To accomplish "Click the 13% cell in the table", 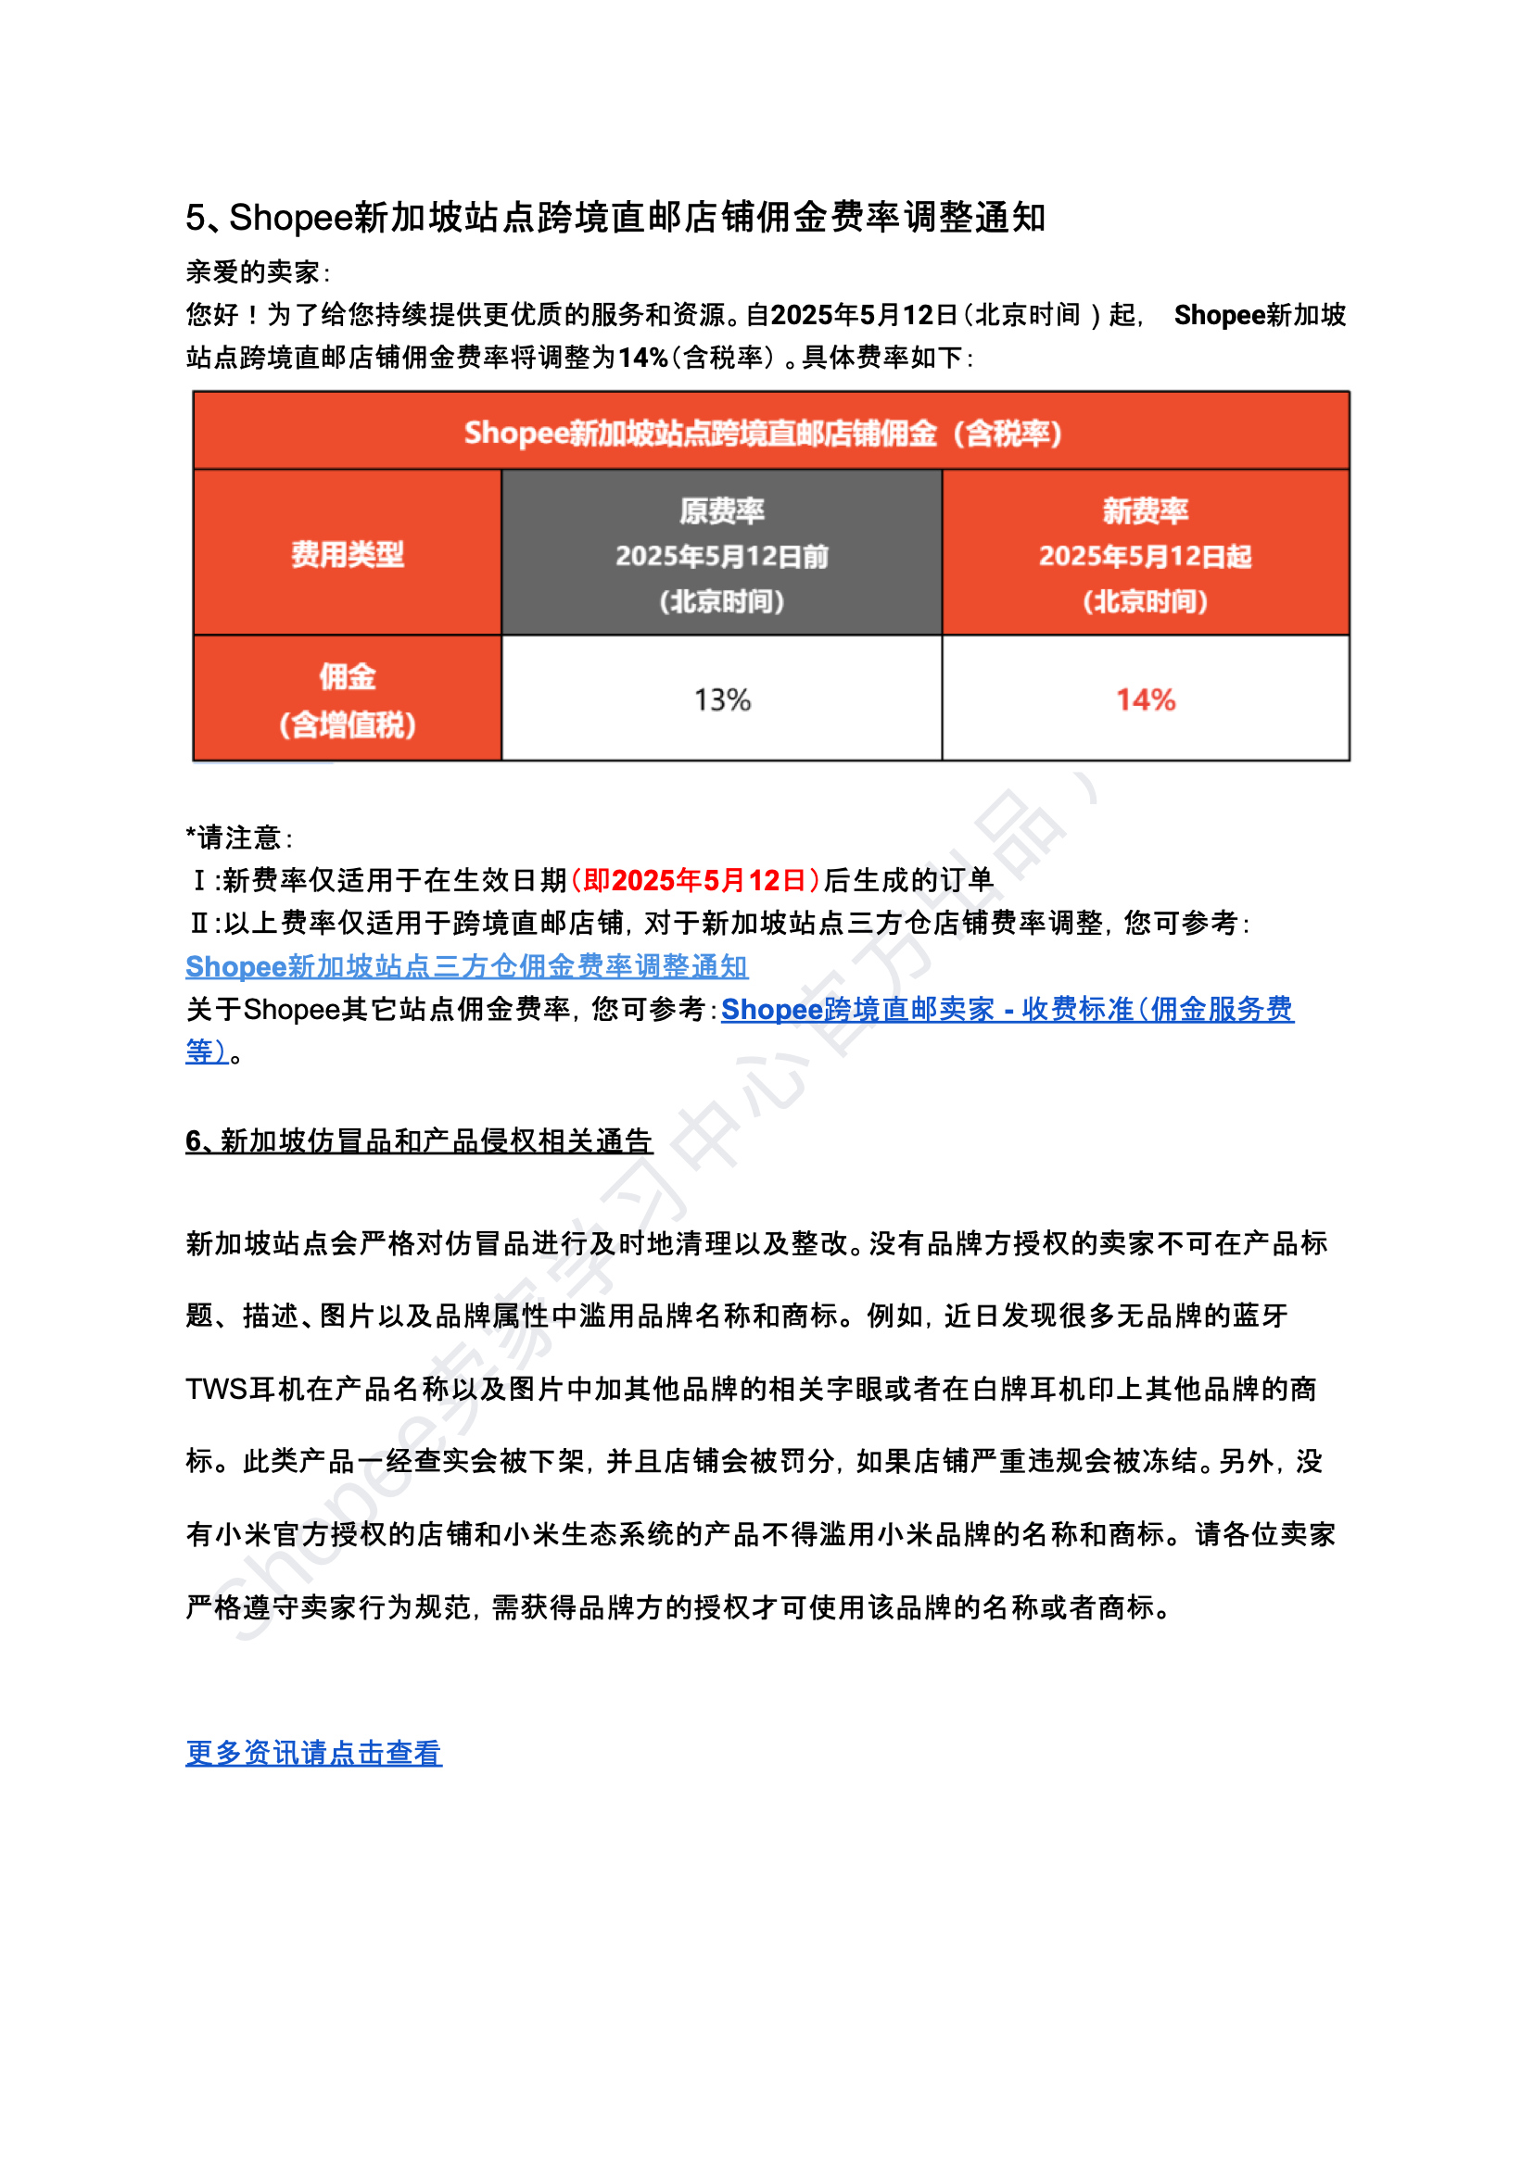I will tap(722, 699).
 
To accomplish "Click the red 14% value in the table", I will tap(1145, 699).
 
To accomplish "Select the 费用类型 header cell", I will tap(347, 553).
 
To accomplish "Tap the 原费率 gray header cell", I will tap(722, 553).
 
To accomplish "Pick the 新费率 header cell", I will tap(1145, 553).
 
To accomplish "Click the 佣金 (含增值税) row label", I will tap(347, 699).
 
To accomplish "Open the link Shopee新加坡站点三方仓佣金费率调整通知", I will tap(466, 966).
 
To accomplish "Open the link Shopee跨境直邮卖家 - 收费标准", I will tap(1007, 1010).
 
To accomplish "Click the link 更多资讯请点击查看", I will tap(313, 1753).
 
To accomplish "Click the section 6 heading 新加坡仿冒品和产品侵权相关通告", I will tap(419, 1140).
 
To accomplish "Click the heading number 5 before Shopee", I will tap(195, 218).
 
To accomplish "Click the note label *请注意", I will tap(238, 837).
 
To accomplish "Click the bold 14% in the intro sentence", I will tap(643, 358).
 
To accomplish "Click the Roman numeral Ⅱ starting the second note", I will tap(198, 923).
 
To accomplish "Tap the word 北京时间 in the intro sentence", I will tap(1027, 314).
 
